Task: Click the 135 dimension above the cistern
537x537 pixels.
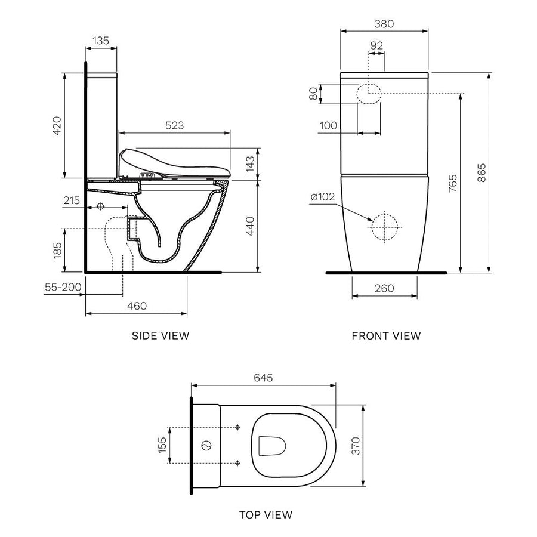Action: pos(101,41)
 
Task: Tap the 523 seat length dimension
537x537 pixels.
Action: pos(174,125)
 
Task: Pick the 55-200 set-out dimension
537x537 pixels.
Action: pos(63,287)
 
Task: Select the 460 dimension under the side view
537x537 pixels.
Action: pos(137,305)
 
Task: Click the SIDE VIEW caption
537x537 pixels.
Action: pos(161,335)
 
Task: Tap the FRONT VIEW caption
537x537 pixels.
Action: pos(386,335)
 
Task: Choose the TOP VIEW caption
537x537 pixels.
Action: pos(266,514)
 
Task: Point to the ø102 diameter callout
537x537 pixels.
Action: pos(322,197)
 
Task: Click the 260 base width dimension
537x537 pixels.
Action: pos(384,288)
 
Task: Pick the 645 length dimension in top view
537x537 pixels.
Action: pos(263,378)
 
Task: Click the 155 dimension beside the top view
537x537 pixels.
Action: pos(163,445)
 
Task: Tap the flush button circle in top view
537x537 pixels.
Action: pos(207,445)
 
